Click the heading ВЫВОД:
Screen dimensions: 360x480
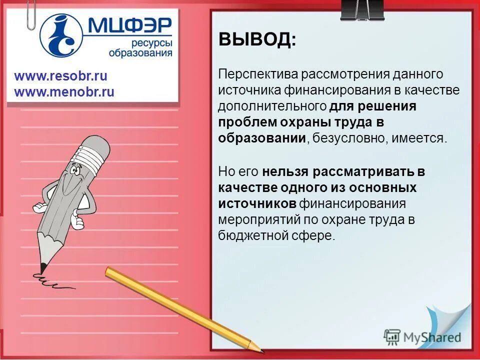pos(257,39)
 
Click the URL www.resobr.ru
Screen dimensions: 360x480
pos(60,76)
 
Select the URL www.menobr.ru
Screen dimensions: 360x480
pos(64,92)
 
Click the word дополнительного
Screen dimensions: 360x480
pos(272,106)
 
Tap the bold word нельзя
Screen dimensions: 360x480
pos(285,172)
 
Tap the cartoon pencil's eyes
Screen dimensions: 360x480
pos(75,171)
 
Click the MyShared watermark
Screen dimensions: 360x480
pos(422,336)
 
